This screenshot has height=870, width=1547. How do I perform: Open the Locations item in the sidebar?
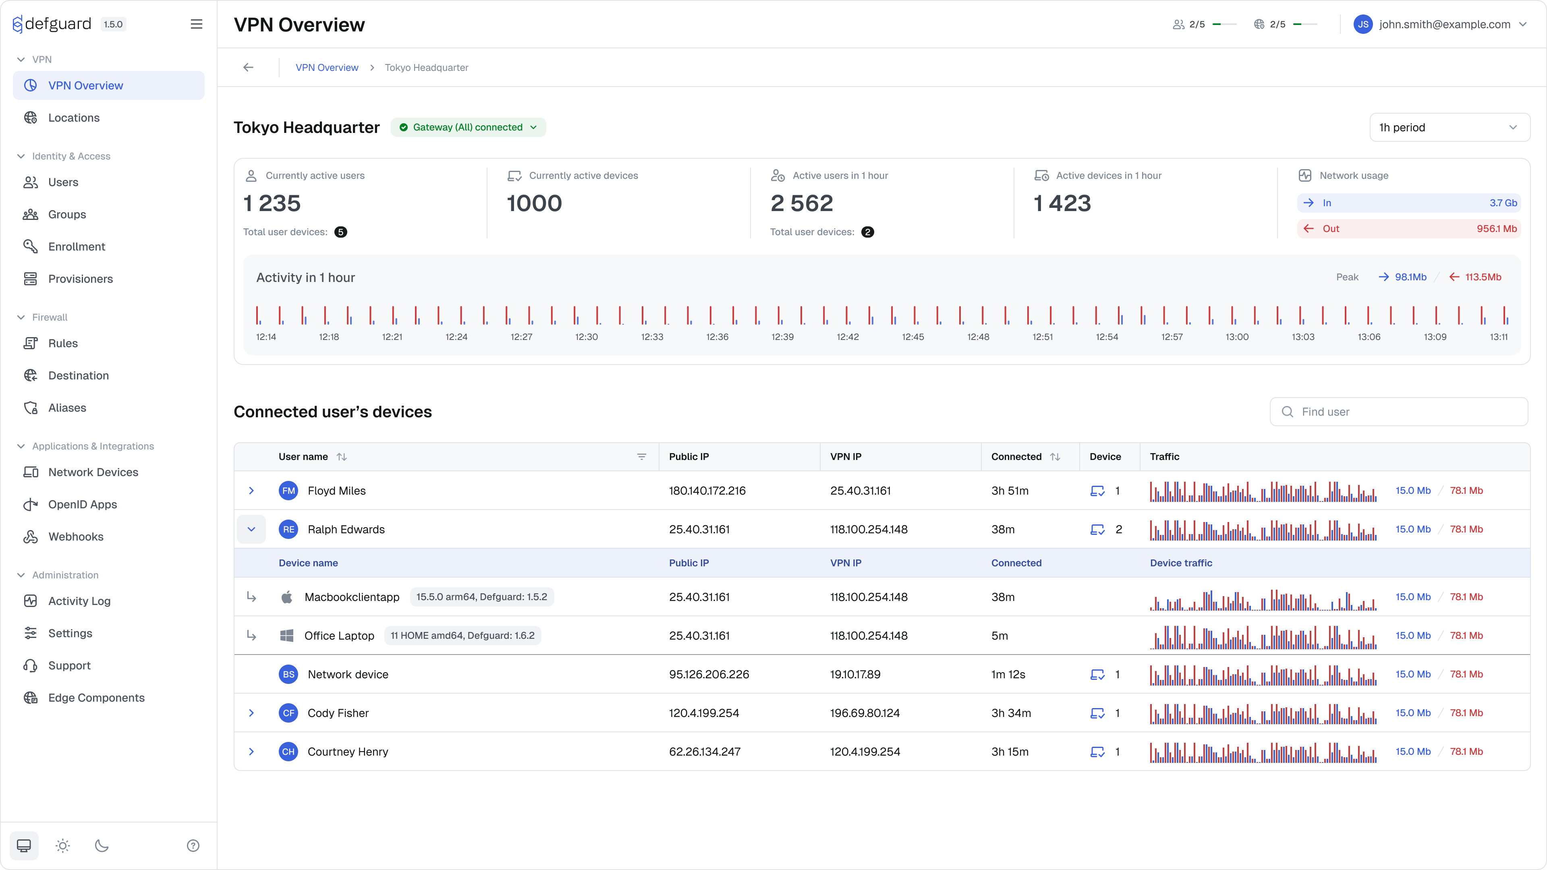[x=74, y=118]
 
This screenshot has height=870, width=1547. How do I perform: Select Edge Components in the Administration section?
[x=96, y=697]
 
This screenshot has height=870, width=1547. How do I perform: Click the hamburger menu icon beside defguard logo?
[x=196, y=24]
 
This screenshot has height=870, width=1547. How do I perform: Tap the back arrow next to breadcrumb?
[x=249, y=67]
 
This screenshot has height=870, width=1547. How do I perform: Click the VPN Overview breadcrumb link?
[x=327, y=67]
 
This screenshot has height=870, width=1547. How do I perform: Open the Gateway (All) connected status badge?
[x=468, y=127]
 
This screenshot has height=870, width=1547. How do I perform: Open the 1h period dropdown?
[x=1449, y=127]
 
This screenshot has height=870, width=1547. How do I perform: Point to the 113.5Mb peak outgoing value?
[x=1482, y=277]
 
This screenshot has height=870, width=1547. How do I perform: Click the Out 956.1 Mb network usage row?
[x=1408, y=229]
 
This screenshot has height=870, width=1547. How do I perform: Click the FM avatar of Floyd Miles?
[x=289, y=491]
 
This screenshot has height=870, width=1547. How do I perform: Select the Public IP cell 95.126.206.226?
[x=709, y=674]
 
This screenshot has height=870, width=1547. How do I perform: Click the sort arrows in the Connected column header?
[x=1055, y=456]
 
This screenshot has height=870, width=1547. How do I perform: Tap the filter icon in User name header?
[x=641, y=456]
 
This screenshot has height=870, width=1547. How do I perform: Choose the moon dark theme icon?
[x=102, y=845]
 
